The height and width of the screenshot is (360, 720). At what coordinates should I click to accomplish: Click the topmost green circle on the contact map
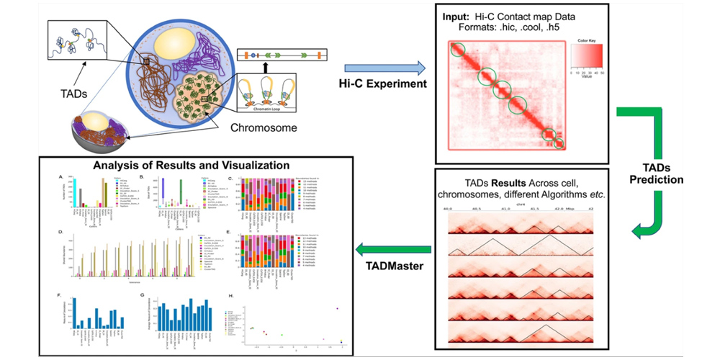coord(459,53)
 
